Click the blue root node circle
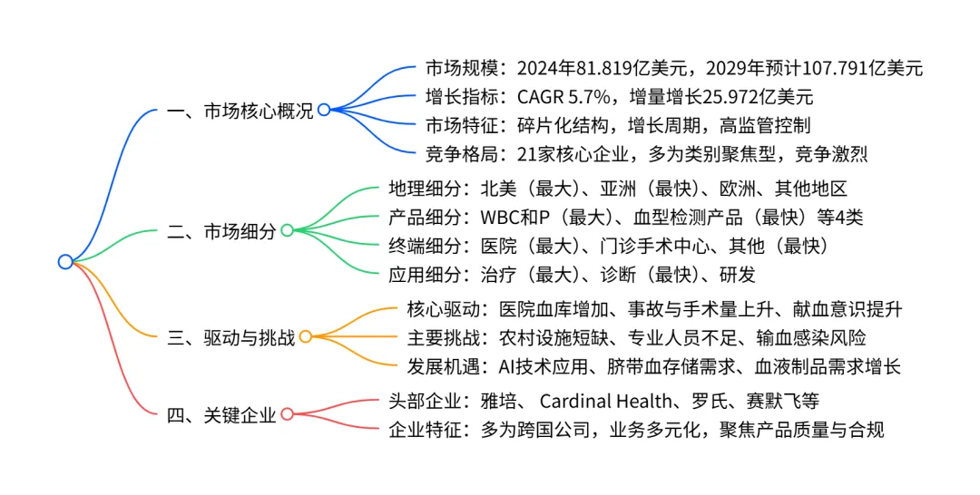coord(64,262)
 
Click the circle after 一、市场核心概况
coord(324,110)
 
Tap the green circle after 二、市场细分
coord(287,230)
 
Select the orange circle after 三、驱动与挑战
coord(306,337)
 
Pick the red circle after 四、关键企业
coord(287,414)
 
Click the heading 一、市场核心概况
coord(240,111)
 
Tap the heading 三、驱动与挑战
coord(231,338)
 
